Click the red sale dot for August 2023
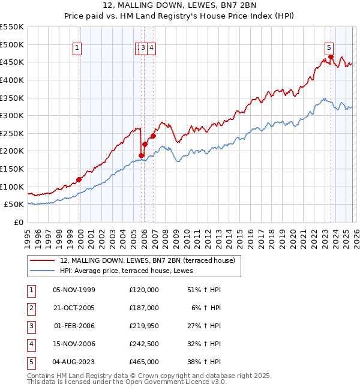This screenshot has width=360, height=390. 331,57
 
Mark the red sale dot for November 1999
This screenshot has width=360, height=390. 79,179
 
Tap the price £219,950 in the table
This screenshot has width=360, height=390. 144,325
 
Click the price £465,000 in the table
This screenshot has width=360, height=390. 144,361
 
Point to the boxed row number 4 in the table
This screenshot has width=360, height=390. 30,343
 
